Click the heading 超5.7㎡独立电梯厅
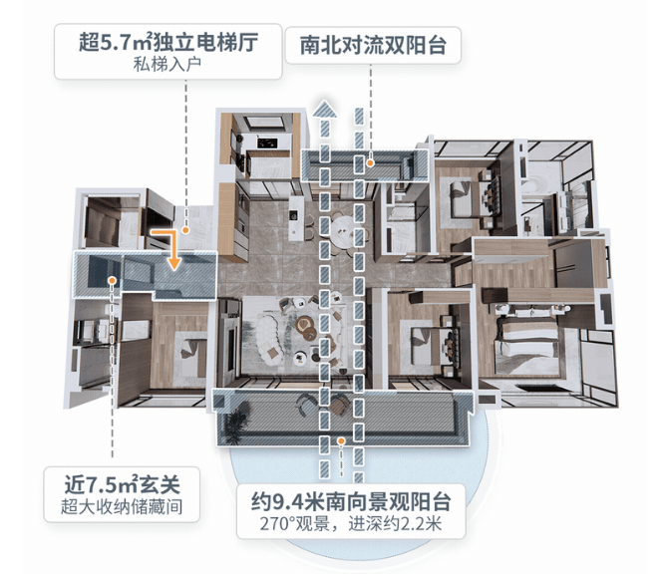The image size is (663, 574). tap(168, 42)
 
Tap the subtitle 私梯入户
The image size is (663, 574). tap(167, 64)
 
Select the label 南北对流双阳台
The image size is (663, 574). tap(373, 45)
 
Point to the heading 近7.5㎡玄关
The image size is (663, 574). tap(122, 484)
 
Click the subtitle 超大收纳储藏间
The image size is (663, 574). tap(122, 506)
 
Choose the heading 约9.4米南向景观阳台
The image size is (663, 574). tap(351, 501)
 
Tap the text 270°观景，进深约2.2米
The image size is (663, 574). tap(351, 524)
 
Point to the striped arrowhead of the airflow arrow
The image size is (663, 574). tap(324, 109)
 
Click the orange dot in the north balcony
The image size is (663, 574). tap(370, 162)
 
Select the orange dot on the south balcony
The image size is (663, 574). tap(341, 441)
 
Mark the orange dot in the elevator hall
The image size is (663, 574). tap(185, 230)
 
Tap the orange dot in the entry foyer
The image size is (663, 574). tap(112, 280)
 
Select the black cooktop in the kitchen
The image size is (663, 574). tap(267, 143)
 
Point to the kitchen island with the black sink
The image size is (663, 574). tap(296, 217)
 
